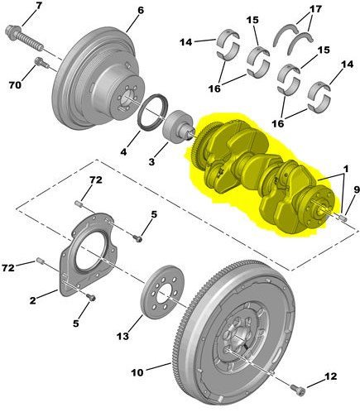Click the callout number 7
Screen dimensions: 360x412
click(38, 7)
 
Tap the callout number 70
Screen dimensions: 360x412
click(15, 85)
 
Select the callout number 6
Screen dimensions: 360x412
click(140, 11)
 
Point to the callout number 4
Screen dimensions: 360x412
click(123, 151)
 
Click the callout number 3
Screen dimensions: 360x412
click(151, 162)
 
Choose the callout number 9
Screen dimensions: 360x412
click(357, 190)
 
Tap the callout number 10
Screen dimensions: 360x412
click(137, 373)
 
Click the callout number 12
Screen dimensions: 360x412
click(331, 376)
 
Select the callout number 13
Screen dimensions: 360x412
click(122, 336)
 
